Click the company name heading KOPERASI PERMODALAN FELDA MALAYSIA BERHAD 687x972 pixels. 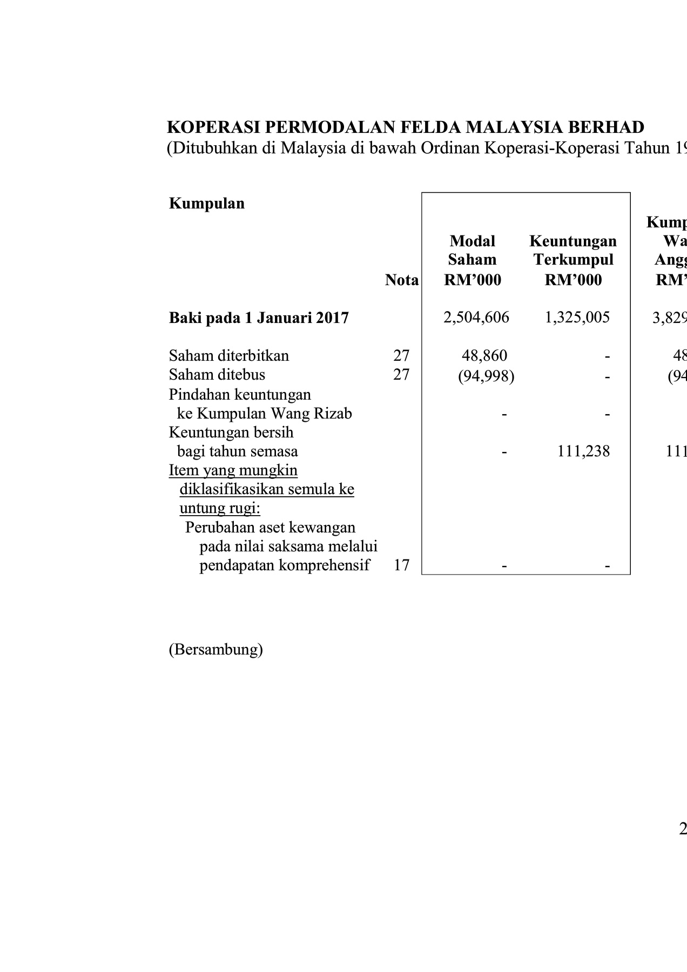point(405,127)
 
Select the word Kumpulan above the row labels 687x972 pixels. point(207,204)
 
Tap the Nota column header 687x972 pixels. point(401,280)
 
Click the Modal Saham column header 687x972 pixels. point(472,260)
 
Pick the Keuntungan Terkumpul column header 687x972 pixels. point(573,260)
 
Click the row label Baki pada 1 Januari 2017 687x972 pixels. point(259,318)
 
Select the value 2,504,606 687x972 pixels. point(476,317)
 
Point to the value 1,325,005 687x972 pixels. point(577,317)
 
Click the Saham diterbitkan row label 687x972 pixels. point(229,355)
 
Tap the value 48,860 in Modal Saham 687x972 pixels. point(484,355)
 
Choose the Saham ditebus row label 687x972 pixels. point(217,374)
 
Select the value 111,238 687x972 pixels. point(583,451)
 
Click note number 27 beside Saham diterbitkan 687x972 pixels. point(401,355)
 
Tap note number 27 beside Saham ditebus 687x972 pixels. point(401,374)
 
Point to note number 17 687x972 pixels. point(401,565)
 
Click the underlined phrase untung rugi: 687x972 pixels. point(220,508)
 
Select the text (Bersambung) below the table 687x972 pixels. point(216,649)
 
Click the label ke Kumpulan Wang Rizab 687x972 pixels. point(265,414)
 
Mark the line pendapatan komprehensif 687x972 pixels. point(285,565)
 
